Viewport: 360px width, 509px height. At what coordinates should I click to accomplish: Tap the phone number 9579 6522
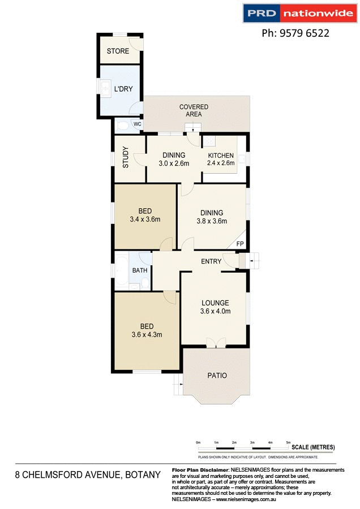pyautogui.click(x=295, y=33)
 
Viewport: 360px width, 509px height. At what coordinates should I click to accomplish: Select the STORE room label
pyautogui.click(x=118, y=51)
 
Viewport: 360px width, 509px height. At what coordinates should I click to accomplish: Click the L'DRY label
pyautogui.click(x=123, y=89)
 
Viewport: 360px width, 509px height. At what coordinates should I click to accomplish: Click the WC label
pyautogui.click(x=137, y=124)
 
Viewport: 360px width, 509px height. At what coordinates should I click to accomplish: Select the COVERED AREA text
pyautogui.click(x=194, y=110)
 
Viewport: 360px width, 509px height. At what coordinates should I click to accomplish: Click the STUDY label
pyautogui.click(x=126, y=158)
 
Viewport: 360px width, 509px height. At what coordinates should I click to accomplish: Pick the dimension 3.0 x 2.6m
pyautogui.click(x=174, y=163)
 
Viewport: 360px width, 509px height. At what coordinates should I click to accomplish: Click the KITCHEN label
pyautogui.click(x=221, y=156)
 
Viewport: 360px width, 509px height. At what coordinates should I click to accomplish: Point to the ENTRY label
pyautogui.click(x=211, y=261)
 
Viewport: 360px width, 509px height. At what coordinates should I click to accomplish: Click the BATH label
pyautogui.click(x=139, y=271)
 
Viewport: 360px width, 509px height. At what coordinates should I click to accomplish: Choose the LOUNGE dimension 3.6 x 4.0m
pyautogui.click(x=215, y=311)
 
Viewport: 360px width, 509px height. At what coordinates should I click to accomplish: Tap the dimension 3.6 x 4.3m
pyautogui.click(x=147, y=334)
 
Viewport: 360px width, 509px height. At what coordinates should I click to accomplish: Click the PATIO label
pyautogui.click(x=216, y=375)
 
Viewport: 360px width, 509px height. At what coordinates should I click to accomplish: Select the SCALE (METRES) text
pyautogui.click(x=313, y=447)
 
